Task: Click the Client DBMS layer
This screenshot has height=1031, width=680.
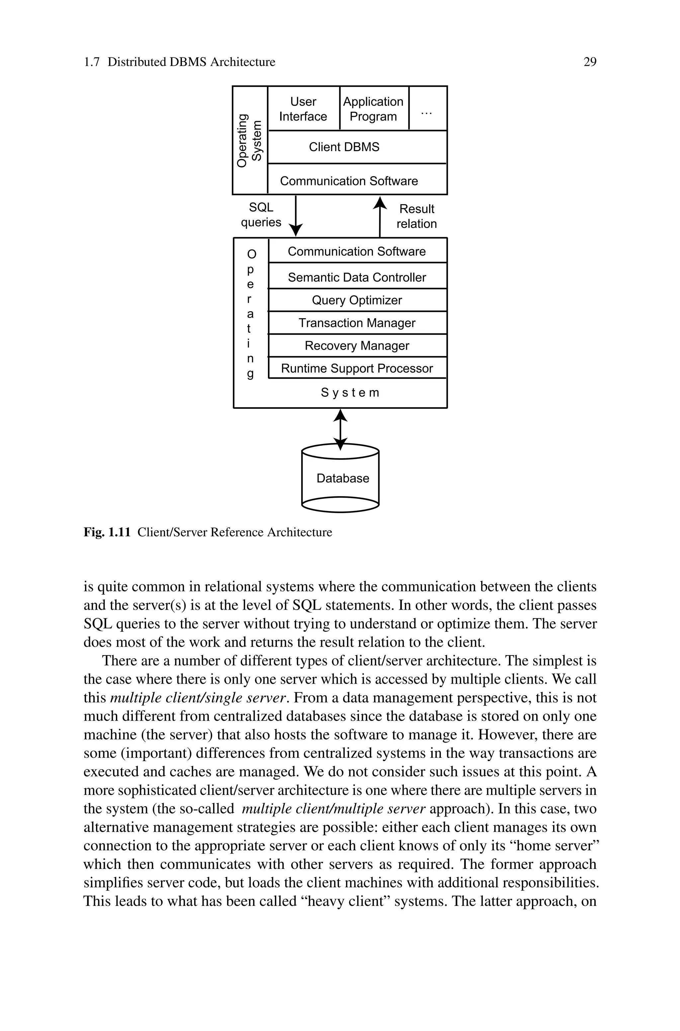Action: [357, 147]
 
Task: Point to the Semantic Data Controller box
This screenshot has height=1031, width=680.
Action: [357, 277]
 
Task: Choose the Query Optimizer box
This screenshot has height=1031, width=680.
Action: [357, 300]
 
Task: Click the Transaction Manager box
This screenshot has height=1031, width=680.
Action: [357, 323]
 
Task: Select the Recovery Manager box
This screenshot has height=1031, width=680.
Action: [357, 346]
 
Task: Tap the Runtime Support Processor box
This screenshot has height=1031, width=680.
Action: [357, 368]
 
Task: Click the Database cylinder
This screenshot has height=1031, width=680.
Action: [340, 478]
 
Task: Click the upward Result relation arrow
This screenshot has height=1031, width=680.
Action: [380, 217]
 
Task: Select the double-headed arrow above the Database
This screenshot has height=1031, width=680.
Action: [340, 429]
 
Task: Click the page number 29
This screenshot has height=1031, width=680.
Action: [590, 62]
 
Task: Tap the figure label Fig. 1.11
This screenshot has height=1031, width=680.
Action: [107, 532]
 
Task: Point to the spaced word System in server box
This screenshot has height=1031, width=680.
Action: [350, 393]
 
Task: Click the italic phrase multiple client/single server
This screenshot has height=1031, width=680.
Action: [198, 698]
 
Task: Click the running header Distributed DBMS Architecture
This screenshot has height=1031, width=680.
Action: [191, 62]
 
